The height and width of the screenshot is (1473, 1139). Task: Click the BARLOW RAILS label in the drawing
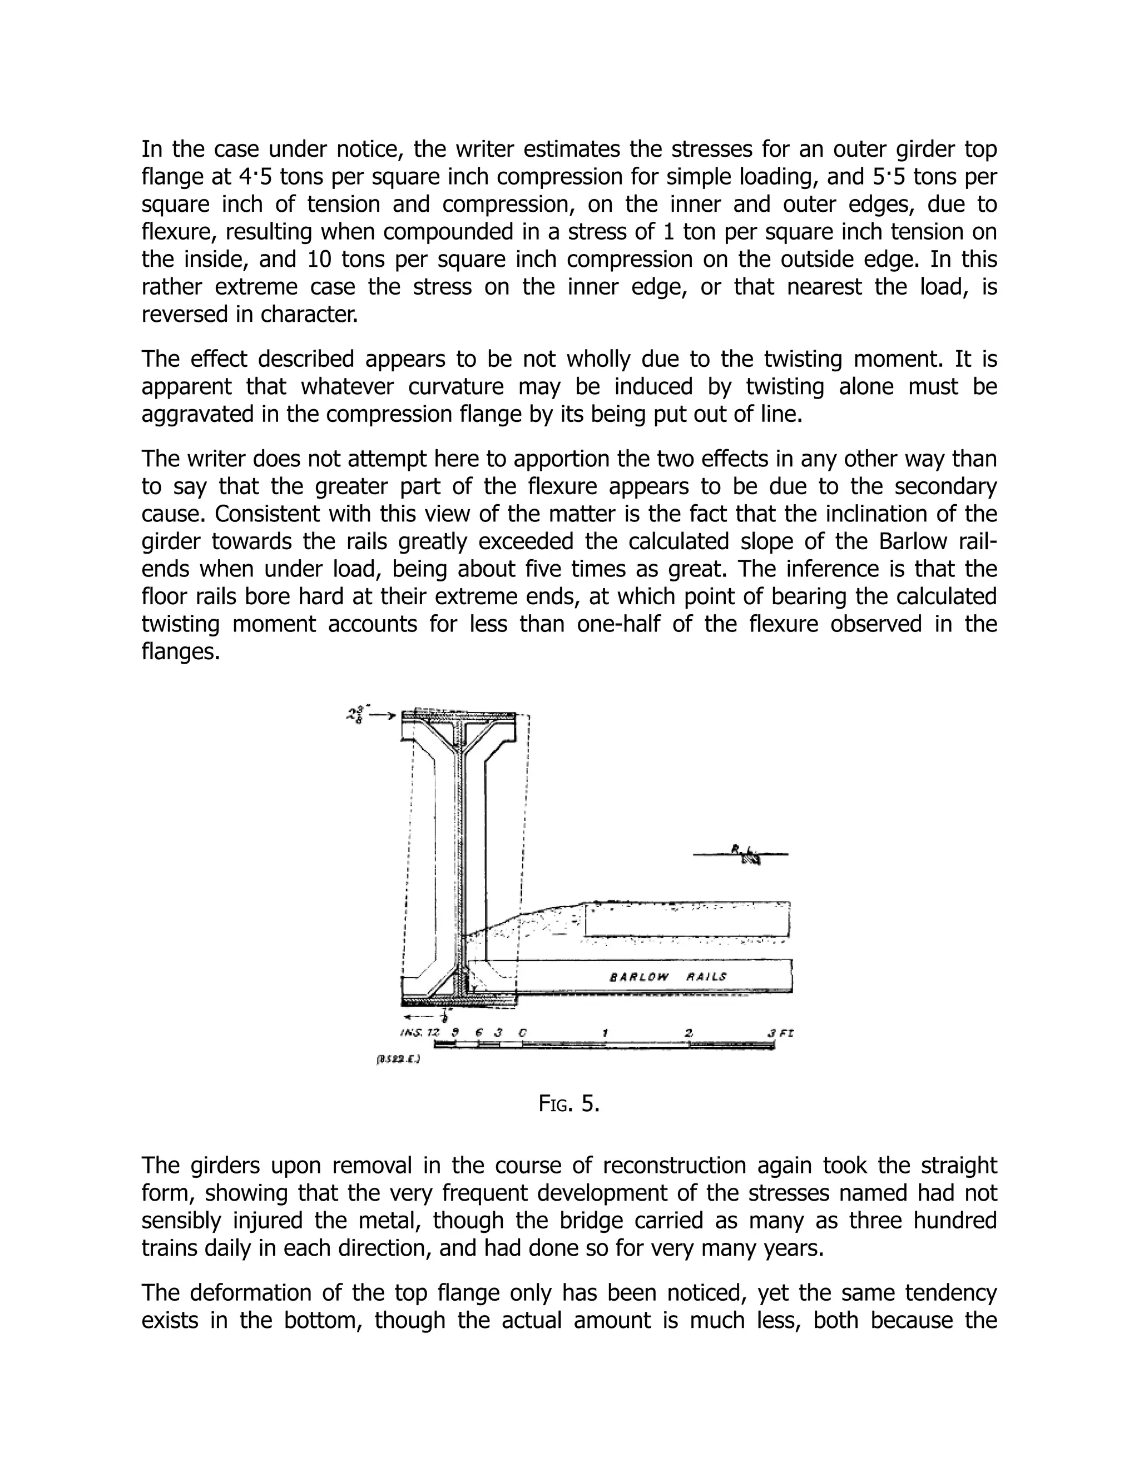click(668, 976)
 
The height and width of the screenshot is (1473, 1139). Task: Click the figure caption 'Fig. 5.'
click(569, 1104)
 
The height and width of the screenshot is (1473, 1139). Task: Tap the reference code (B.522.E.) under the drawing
click(398, 1059)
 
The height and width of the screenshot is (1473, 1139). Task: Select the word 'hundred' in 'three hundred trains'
click(950, 1221)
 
